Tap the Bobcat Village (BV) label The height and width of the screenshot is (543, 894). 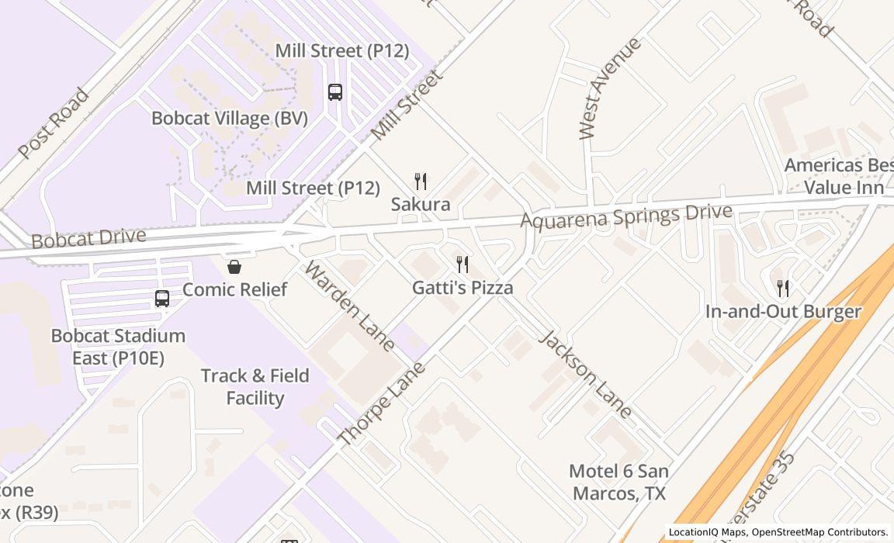[230, 119]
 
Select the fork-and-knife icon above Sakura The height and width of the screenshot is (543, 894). [421, 182]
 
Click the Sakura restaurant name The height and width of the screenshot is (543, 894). [421, 205]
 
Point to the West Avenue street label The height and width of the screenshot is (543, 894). [610, 88]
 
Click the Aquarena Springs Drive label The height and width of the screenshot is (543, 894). [626, 216]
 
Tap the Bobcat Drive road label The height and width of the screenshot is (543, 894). [88, 238]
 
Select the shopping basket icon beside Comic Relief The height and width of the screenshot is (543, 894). [234, 268]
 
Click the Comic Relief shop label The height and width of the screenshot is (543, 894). [234, 289]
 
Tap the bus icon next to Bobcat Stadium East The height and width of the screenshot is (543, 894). [162, 299]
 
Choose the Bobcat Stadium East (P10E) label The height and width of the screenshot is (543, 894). [118, 347]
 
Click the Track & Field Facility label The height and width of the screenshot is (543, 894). [255, 386]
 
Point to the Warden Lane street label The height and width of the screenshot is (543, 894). [350, 306]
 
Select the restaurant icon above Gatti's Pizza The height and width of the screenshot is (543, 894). [463, 265]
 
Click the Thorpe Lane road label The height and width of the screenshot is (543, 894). [383, 403]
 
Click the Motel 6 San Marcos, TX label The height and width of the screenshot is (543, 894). [619, 482]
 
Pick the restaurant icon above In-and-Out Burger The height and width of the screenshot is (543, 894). [783, 289]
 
